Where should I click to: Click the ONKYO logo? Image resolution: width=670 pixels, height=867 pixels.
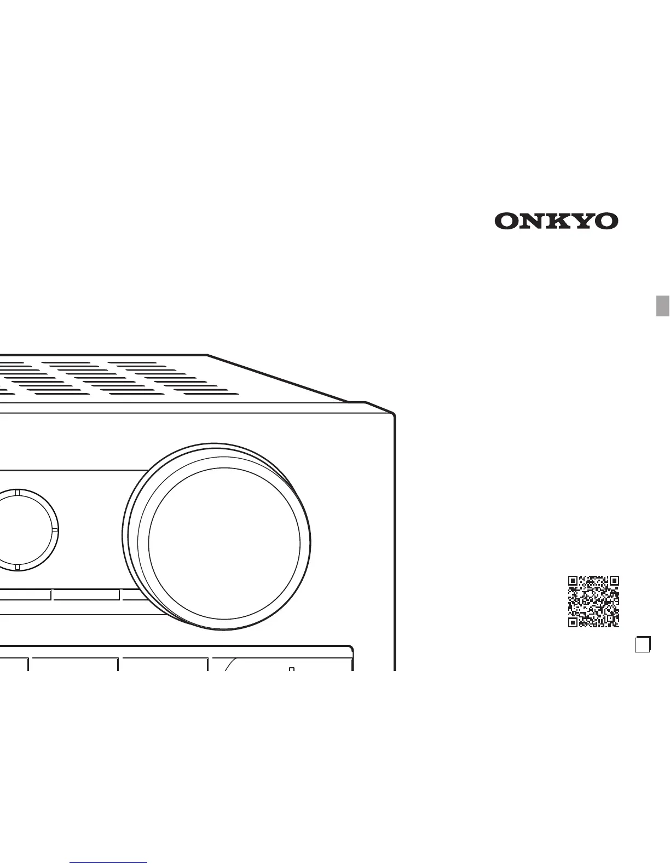(556, 221)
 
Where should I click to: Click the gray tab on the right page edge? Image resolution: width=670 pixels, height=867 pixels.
(663, 305)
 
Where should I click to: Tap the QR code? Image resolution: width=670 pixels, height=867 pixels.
(593, 601)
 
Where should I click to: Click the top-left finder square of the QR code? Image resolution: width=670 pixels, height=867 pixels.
(573, 581)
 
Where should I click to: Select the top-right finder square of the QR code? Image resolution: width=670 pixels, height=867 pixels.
(614, 581)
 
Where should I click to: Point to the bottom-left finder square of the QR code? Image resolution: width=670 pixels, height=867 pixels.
(573, 622)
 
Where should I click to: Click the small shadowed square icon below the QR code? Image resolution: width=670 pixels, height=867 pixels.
(642, 645)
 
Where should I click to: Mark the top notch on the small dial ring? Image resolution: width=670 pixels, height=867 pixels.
(18, 493)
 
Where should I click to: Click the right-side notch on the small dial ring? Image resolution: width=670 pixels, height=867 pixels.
(54, 530)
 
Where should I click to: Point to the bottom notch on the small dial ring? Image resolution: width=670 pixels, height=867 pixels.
(18, 567)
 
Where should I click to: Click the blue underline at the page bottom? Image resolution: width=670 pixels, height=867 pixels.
(108, 863)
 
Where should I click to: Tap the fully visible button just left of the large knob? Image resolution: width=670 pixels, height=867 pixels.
(86, 595)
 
